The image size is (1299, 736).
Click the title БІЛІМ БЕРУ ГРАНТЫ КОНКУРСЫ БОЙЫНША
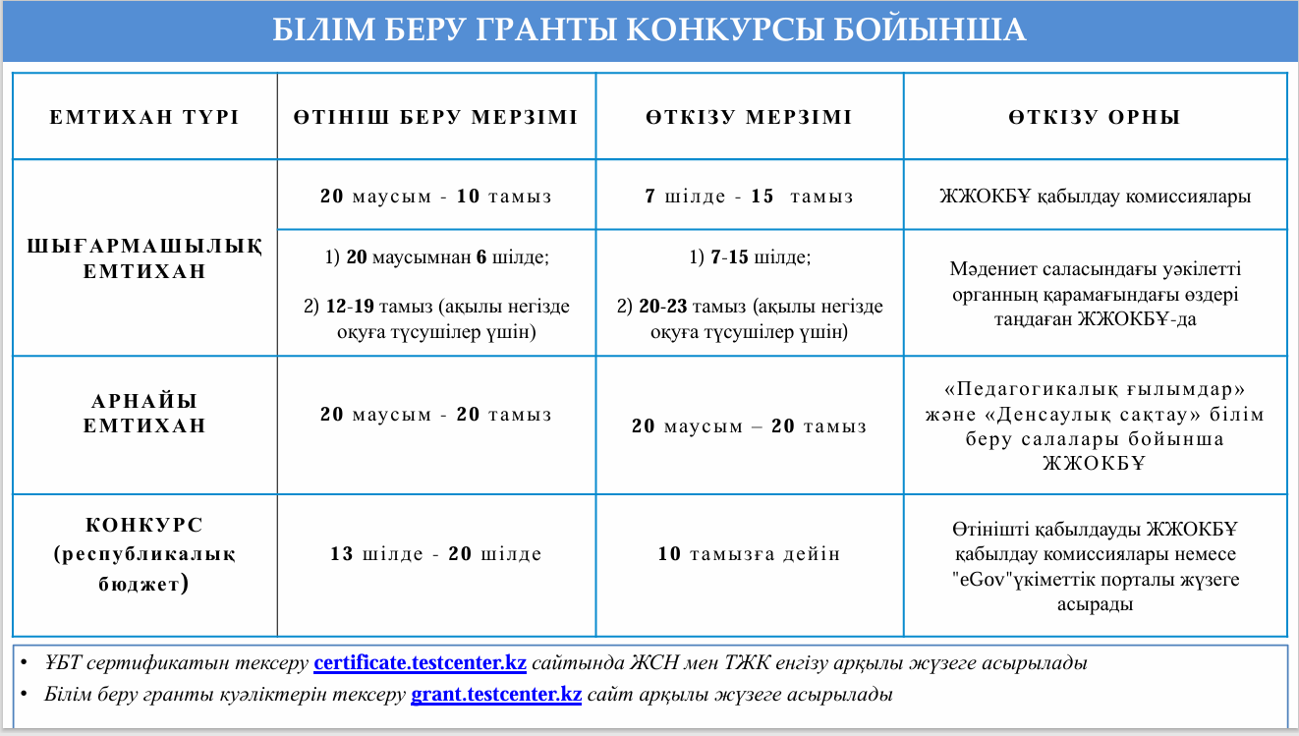coord(649,30)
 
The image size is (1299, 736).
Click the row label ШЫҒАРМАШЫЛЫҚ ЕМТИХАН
coord(144,258)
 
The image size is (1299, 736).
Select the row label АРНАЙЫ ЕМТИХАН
coord(144,414)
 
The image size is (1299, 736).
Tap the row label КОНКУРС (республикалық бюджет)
coord(144,554)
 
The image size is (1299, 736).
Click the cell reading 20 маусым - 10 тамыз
coord(435,197)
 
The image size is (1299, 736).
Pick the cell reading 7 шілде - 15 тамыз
coord(749,197)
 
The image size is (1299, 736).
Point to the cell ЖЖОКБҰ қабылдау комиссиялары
coord(1095,197)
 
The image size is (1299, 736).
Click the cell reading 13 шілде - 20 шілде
coord(435,554)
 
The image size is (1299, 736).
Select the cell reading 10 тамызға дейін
coord(749,554)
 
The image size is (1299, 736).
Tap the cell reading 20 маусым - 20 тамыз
coord(435,415)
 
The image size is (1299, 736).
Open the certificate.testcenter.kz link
coord(420,663)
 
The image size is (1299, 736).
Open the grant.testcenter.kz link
coord(496,695)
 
